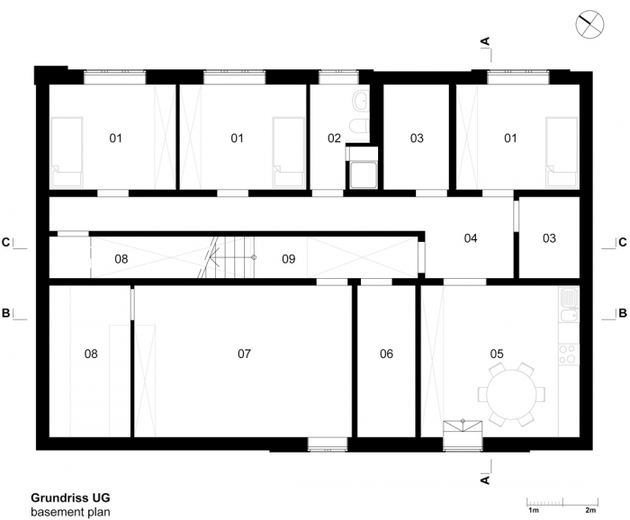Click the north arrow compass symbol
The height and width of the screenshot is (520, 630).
tap(589, 25)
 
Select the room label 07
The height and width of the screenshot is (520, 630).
tap(244, 354)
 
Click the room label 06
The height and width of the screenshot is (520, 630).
tap(386, 354)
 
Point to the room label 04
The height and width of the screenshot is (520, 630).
tap(471, 238)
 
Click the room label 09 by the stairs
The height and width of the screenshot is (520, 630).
tap(289, 259)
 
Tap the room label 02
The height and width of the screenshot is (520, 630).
tap(334, 139)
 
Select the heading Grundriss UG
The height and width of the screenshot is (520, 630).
tap(70, 498)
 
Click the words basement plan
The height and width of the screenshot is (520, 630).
tap(70, 512)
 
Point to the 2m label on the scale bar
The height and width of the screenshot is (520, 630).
tap(590, 510)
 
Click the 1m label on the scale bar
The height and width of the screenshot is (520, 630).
tap(533, 510)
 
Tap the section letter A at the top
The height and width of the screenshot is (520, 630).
tap(485, 41)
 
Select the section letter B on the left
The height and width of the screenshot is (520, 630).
tap(6, 313)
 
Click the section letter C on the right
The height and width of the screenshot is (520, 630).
tap(623, 243)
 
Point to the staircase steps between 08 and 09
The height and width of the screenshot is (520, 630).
tap(228, 257)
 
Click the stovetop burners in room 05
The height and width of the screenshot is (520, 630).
tap(569, 354)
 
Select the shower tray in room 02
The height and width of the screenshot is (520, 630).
tap(364, 175)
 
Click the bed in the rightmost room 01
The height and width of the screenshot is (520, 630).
tap(562, 152)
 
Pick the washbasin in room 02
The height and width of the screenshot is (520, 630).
tap(360, 100)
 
